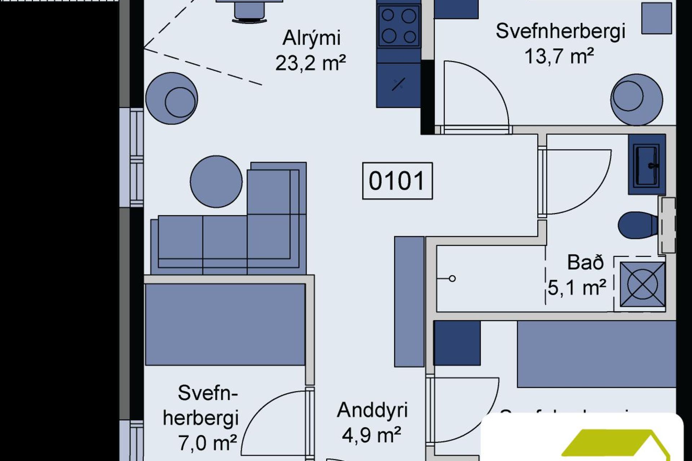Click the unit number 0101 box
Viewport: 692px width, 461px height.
(397, 181)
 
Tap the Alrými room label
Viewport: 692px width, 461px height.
(311, 38)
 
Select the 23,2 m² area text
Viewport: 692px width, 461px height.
(310, 63)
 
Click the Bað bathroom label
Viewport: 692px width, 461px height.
(585, 263)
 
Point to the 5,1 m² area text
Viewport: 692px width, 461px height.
(577, 287)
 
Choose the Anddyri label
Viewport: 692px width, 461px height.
(372, 410)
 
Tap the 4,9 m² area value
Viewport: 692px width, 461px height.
(371, 435)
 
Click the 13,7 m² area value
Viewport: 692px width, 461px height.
(559, 56)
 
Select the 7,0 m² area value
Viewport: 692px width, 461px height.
(207, 443)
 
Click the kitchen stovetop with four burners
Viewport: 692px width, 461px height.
(399, 26)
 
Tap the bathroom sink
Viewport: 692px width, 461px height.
(647, 164)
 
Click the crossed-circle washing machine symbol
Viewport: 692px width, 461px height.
(642, 285)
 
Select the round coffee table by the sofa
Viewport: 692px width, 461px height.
(216, 181)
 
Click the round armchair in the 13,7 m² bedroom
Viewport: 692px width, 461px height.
(636, 99)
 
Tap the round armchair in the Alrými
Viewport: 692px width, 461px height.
(172, 98)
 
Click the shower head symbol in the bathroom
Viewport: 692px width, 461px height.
(452, 278)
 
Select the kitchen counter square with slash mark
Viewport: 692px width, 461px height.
(398, 85)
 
